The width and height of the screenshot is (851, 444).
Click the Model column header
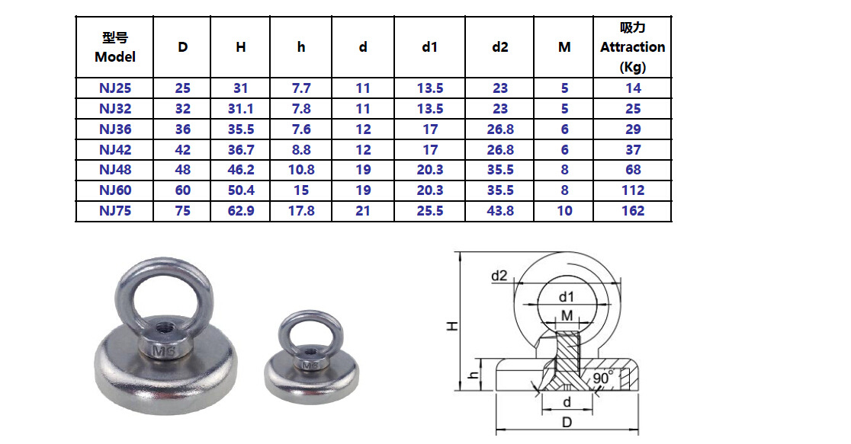pyautogui.click(x=114, y=47)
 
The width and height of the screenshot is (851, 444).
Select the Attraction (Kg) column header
pyautogui.click(x=632, y=47)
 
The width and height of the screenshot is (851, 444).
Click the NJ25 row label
pyautogui.click(x=114, y=88)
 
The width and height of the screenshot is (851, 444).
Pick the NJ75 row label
pyautogui.click(x=114, y=211)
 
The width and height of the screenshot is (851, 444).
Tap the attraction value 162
pyautogui.click(x=632, y=211)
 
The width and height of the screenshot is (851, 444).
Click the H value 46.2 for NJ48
pyautogui.click(x=241, y=170)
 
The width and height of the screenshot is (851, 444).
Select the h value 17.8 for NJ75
pyautogui.click(x=301, y=211)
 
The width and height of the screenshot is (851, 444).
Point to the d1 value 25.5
pyautogui.click(x=429, y=211)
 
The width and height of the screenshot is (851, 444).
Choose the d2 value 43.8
pyautogui.click(x=499, y=211)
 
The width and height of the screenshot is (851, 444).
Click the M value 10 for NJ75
pyautogui.click(x=564, y=211)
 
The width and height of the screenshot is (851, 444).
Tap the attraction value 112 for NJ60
pyautogui.click(x=632, y=190)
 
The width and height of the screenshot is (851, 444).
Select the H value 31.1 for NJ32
pyautogui.click(x=241, y=109)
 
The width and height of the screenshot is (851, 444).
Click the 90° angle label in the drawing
pyautogui.click(x=603, y=378)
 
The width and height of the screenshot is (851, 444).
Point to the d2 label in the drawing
pyautogui.click(x=499, y=276)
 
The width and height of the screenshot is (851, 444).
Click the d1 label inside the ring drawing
pyautogui.click(x=566, y=297)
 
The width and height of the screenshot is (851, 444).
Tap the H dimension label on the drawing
pyautogui.click(x=452, y=325)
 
